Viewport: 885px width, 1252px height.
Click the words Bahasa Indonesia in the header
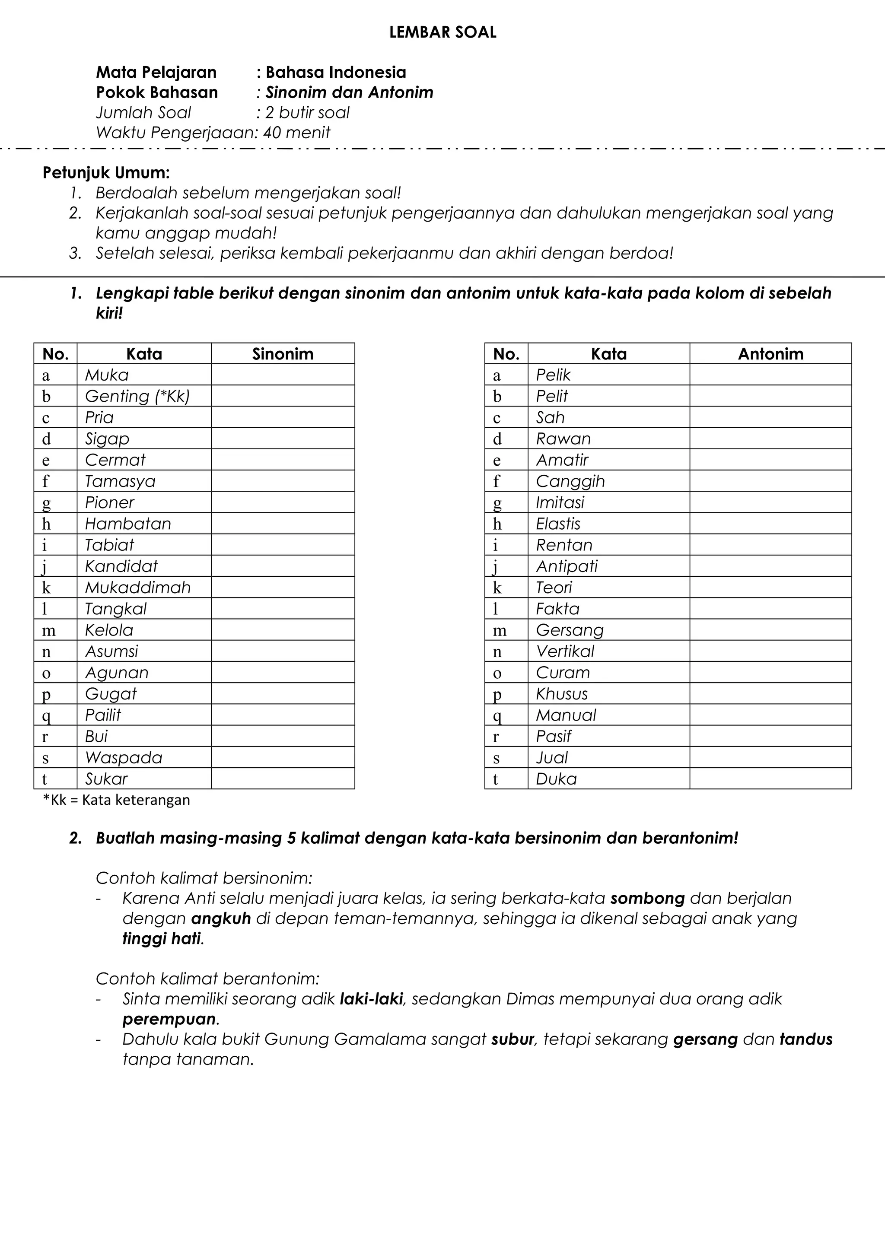click(x=335, y=72)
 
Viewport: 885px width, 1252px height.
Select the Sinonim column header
click(x=283, y=354)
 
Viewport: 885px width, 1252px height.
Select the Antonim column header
click(x=770, y=354)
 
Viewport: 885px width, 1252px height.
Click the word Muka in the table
click(x=107, y=375)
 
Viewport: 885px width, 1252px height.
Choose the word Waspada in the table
click(x=124, y=758)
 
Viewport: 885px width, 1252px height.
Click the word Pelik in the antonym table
click(x=553, y=375)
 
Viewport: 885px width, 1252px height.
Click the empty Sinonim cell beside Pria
click(x=283, y=418)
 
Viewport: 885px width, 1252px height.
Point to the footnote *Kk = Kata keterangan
click(x=117, y=800)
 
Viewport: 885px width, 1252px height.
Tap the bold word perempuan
click(x=169, y=1019)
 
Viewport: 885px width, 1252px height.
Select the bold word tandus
click(x=805, y=1039)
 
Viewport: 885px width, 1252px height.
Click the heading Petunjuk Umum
click(x=106, y=173)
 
